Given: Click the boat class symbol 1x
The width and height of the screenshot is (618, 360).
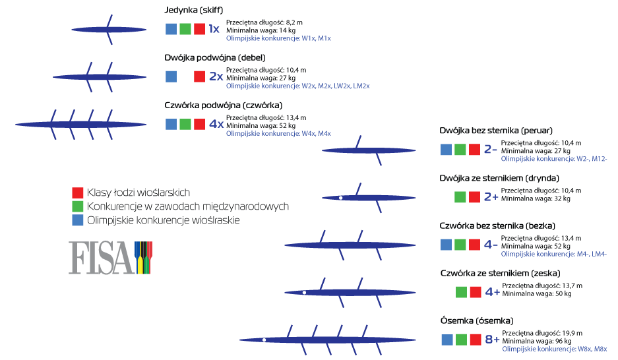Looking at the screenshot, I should click(x=214, y=29).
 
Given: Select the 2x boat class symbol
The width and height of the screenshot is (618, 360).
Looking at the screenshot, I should click(x=216, y=76).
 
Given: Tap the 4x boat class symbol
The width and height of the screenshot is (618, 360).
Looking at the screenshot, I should click(x=216, y=124).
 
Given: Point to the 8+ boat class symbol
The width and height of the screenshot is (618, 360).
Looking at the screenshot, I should click(x=492, y=340).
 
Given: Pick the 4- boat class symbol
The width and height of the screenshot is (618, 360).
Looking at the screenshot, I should click(x=491, y=245).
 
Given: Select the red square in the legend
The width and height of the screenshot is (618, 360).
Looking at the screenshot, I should click(x=78, y=193).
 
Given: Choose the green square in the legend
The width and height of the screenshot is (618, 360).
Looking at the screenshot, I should click(x=78, y=206).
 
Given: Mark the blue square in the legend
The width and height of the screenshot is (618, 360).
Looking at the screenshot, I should click(x=78, y=220).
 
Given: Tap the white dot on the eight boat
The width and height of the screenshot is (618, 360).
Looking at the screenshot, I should click(x=264, y=340).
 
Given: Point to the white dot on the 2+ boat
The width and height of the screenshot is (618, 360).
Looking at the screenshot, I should click(x=340, y=197).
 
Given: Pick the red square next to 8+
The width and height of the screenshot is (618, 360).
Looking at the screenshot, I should click(x=474, y=340).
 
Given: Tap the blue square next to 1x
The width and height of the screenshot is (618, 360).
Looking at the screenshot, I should click(x=171, y=29).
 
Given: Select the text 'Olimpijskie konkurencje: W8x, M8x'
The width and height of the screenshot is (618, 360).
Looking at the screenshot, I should click(x=554, y=348).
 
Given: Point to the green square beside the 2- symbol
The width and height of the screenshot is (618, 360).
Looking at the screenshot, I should click(x=460, y=150).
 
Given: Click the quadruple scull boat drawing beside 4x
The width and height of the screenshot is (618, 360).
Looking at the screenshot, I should click(x=80, y=124).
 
